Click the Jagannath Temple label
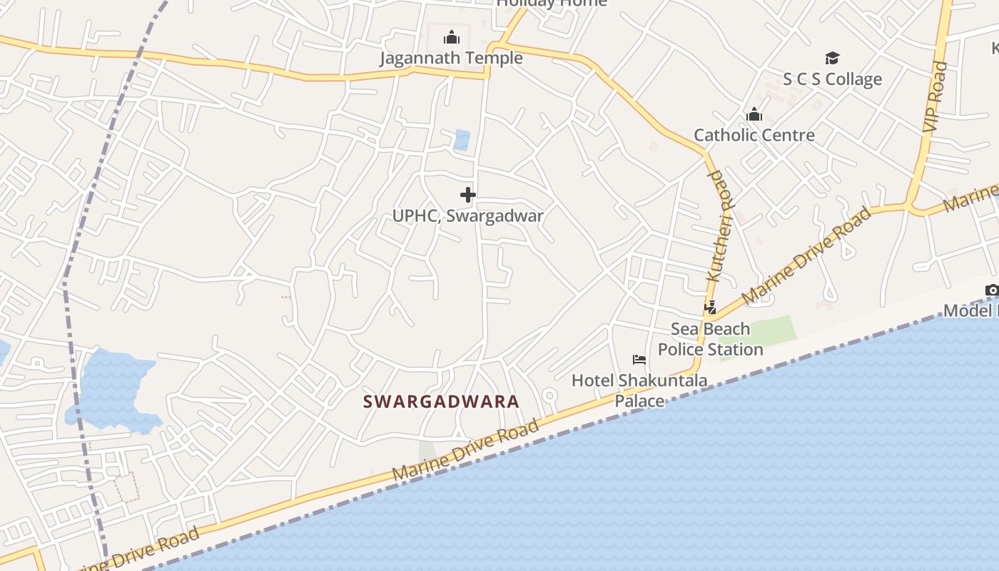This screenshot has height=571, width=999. pos(451,58)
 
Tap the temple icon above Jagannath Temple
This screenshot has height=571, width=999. pos(451,37)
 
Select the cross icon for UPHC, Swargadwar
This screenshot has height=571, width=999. pos(468,194)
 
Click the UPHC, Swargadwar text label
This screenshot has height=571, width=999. pos(468,216)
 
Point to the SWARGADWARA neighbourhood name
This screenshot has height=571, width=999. pos(441,402)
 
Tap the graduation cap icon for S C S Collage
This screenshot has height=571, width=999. pos(832,58)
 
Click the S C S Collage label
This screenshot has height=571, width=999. pos(832,79)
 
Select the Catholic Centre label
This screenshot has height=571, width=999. pos(754,135)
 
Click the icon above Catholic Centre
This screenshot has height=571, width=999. pos(754,114)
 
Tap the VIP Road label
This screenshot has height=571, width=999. pos(935,96)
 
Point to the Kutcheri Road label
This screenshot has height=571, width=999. pos(721,225)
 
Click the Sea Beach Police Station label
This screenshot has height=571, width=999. pos(711,339)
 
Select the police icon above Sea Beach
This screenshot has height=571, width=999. pos(711,308)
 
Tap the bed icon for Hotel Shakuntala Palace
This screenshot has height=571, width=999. pos(639,360)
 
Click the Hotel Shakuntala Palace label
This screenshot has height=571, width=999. pos(639,390)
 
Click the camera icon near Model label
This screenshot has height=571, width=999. pos(992,290)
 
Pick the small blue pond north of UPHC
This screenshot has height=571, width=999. pos(462,140)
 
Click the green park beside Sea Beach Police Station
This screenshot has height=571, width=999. pos(771,332)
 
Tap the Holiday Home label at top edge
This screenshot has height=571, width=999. pos(552,4)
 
